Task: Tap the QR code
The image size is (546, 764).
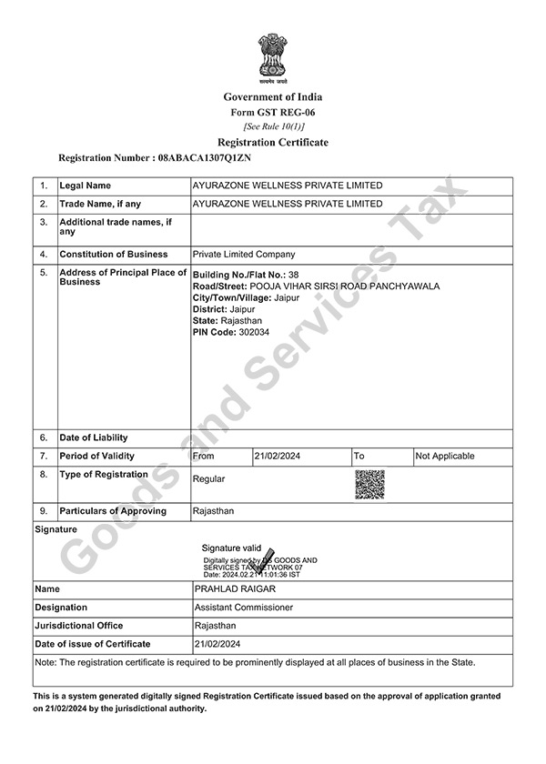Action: click(369, 484)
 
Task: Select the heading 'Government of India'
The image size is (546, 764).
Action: click(272, 97)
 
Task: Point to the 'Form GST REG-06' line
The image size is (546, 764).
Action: click(272, 112)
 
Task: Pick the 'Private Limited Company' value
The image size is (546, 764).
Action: click(244, 255)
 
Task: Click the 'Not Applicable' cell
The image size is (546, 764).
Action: click(445, 456)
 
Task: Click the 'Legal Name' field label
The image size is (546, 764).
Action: click(86, 186)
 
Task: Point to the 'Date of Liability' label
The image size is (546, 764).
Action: click(94, 437)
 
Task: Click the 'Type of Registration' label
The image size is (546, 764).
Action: click(103, 474)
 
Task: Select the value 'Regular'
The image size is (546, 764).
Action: click(208, 478)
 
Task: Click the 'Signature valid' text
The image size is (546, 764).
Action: click(231, 548)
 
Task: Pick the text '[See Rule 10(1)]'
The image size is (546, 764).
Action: click(272, 126)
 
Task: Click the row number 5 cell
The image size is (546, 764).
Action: click(44, 272)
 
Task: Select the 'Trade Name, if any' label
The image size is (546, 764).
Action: click(99, 204)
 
